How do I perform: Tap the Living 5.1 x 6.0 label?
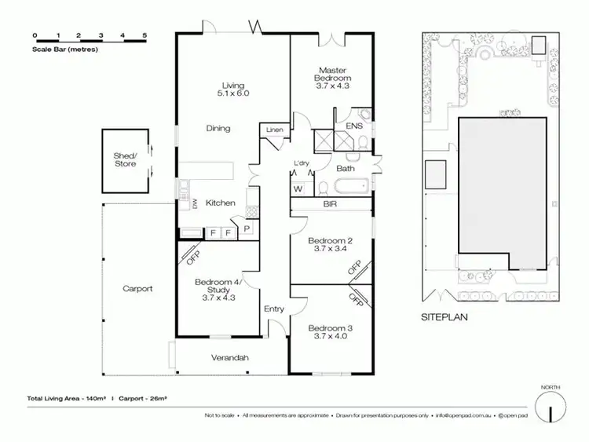(x=233, y=89)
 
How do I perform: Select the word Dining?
(x=218, y=129)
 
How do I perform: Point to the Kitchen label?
(x=221, y=203)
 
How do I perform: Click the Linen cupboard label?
(x=274, y=130)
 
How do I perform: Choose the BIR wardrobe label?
(x=330, y=204)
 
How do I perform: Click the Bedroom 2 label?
(x=329, y=245)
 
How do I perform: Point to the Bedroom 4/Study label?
(x=218, y=290)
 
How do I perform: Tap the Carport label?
(x=137, y=289)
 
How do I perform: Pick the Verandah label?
(x=230, y=358)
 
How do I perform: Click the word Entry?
(x=274, y=309)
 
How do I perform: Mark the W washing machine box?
(x=298, y=189)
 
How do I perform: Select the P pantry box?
(x=247, y=228)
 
